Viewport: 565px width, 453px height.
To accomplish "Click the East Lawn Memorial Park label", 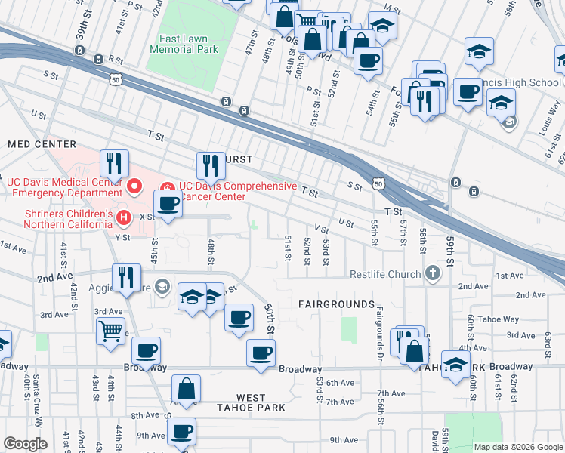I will point(184,44).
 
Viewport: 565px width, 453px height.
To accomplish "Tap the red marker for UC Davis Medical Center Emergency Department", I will point(135,185).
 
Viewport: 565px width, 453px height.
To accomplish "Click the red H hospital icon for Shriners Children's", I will point(125,218).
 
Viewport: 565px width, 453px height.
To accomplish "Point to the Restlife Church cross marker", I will point(432,273).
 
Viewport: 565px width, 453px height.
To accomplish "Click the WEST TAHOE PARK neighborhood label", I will point(251,402).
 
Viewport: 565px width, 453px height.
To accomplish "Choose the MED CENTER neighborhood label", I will point(42,143).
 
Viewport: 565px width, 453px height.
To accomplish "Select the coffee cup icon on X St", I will point(168,204).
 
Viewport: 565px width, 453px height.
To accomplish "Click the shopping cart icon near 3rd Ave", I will point(111,331).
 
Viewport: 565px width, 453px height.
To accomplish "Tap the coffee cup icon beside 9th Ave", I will point(181,433).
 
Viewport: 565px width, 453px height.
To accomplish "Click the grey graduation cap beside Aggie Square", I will point(162,286).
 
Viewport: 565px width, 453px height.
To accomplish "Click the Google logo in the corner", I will point(26,444).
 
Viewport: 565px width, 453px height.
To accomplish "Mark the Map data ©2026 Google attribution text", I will point(517,447).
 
